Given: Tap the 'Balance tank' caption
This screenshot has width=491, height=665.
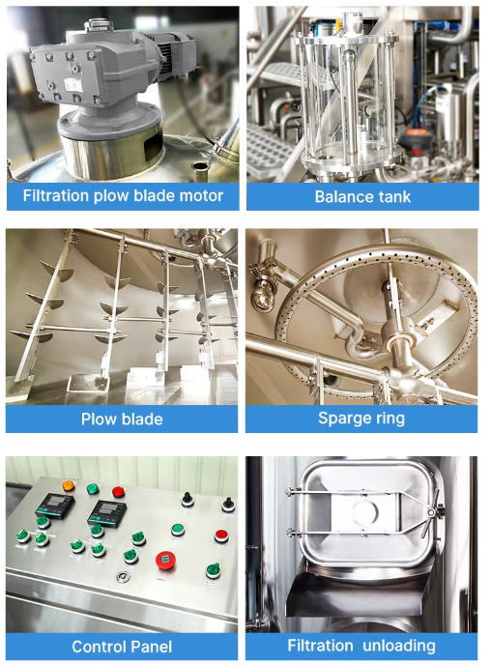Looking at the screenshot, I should (362, 196).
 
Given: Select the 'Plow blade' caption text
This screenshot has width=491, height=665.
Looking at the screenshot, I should (121, 419).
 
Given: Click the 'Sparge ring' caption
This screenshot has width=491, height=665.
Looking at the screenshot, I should (361, 419).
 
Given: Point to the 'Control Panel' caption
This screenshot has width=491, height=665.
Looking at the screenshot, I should (122, 646).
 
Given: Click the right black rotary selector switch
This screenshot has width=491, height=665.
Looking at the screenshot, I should (227, 504).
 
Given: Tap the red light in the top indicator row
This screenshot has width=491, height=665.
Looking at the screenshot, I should (118, 492).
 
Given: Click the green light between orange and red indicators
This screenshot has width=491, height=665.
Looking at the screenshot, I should (92, 489).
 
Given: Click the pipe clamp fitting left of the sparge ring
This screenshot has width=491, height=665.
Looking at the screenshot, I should (264, 290).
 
